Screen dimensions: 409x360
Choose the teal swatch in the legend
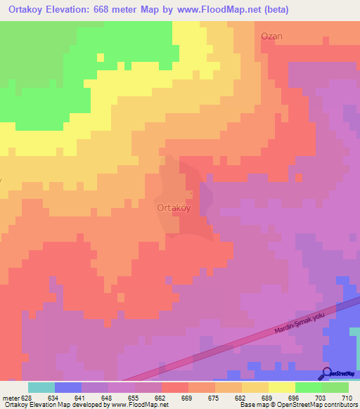[41, 387]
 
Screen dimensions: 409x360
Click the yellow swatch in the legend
[282, 387]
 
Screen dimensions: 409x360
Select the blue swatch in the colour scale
[68, 387]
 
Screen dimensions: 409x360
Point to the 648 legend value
[108, 397]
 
